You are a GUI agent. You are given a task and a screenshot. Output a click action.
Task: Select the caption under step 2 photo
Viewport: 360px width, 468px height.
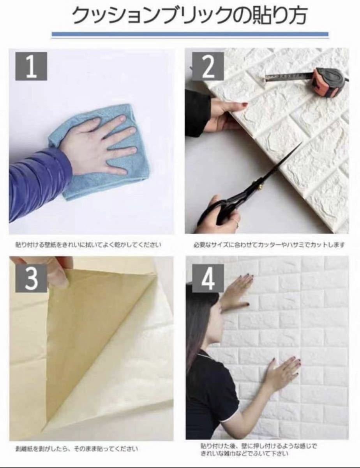tap(269, 245)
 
